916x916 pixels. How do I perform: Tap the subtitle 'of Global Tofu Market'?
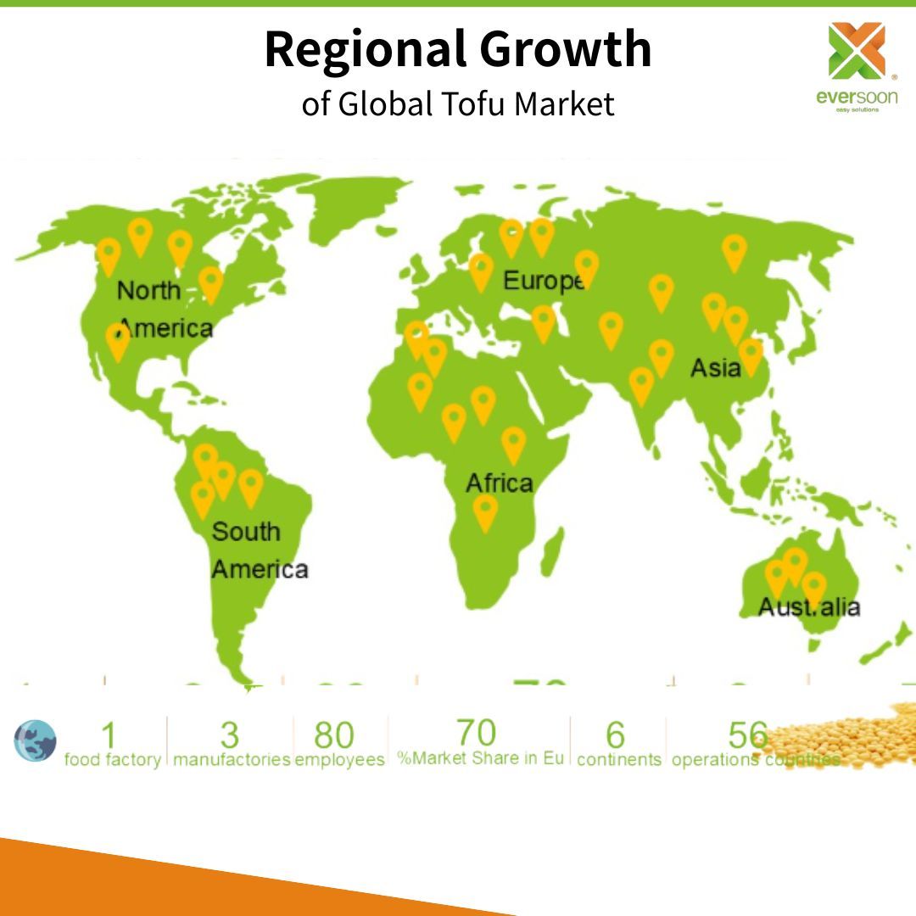click(458, 103)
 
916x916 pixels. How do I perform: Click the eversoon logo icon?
click(856, 52)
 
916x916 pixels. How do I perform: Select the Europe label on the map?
click(543, 280)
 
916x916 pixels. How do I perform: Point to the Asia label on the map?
click(715, 368)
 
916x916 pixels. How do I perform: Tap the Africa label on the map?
click(500, 483)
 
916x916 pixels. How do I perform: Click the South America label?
click(258, 550)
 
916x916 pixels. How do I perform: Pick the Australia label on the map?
click(808, 607)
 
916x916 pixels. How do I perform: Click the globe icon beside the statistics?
click(35, 740)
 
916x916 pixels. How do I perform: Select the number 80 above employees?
click(333, 735)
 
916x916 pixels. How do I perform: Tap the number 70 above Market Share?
click(476, 732)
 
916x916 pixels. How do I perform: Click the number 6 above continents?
click(616, 735)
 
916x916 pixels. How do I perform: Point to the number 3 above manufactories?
click(230, 735)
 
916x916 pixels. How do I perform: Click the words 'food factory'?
click(112, 759)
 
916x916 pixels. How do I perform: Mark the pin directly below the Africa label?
click(485, 512)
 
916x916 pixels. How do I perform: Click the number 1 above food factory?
click(108, 735)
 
